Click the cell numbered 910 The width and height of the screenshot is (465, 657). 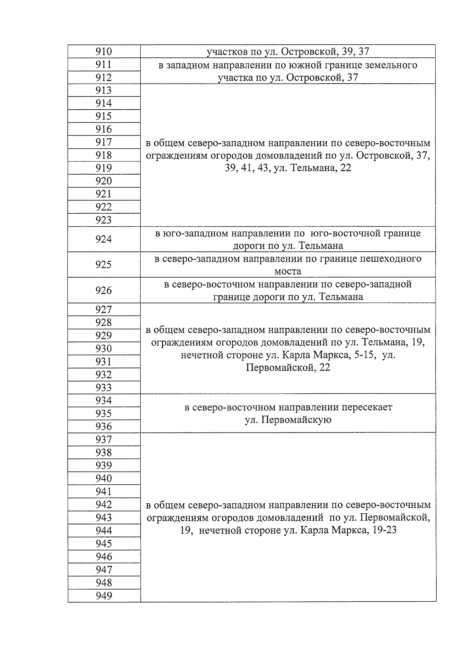[103, 51]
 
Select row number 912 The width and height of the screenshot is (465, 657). [103, 77]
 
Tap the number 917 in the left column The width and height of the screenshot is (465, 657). [103, 142]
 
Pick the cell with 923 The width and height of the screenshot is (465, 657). [103, 220]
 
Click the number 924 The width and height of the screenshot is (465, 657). [103, 239]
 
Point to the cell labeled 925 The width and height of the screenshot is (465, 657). [103, 264]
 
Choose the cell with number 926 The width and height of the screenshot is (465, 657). [103, 290]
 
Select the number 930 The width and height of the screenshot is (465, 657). [103, 348]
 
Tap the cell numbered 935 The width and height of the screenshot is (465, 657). [103, 413]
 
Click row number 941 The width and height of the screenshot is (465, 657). [103, 491]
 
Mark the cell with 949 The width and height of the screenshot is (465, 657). [103, 596]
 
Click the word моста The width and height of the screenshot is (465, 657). [288, 271]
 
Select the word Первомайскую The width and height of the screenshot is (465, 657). [288, 420]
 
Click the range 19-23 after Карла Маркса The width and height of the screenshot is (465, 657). [384, 530]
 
